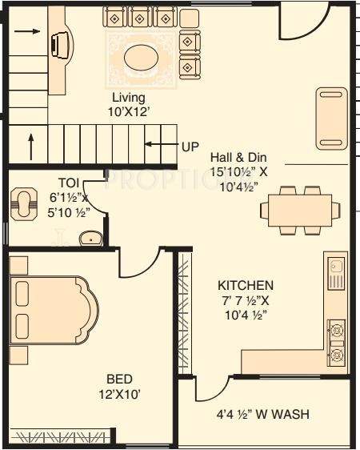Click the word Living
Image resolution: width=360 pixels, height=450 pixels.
129,98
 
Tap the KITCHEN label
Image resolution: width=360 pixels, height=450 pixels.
246,285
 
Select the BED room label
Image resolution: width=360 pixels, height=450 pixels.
122,378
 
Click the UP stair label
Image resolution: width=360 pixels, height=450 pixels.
190,147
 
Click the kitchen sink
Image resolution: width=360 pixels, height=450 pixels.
336,274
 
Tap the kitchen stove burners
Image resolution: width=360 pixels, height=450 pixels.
337,340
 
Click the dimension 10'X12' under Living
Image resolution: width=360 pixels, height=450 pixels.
129,113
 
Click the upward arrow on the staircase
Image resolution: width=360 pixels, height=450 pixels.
31,147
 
